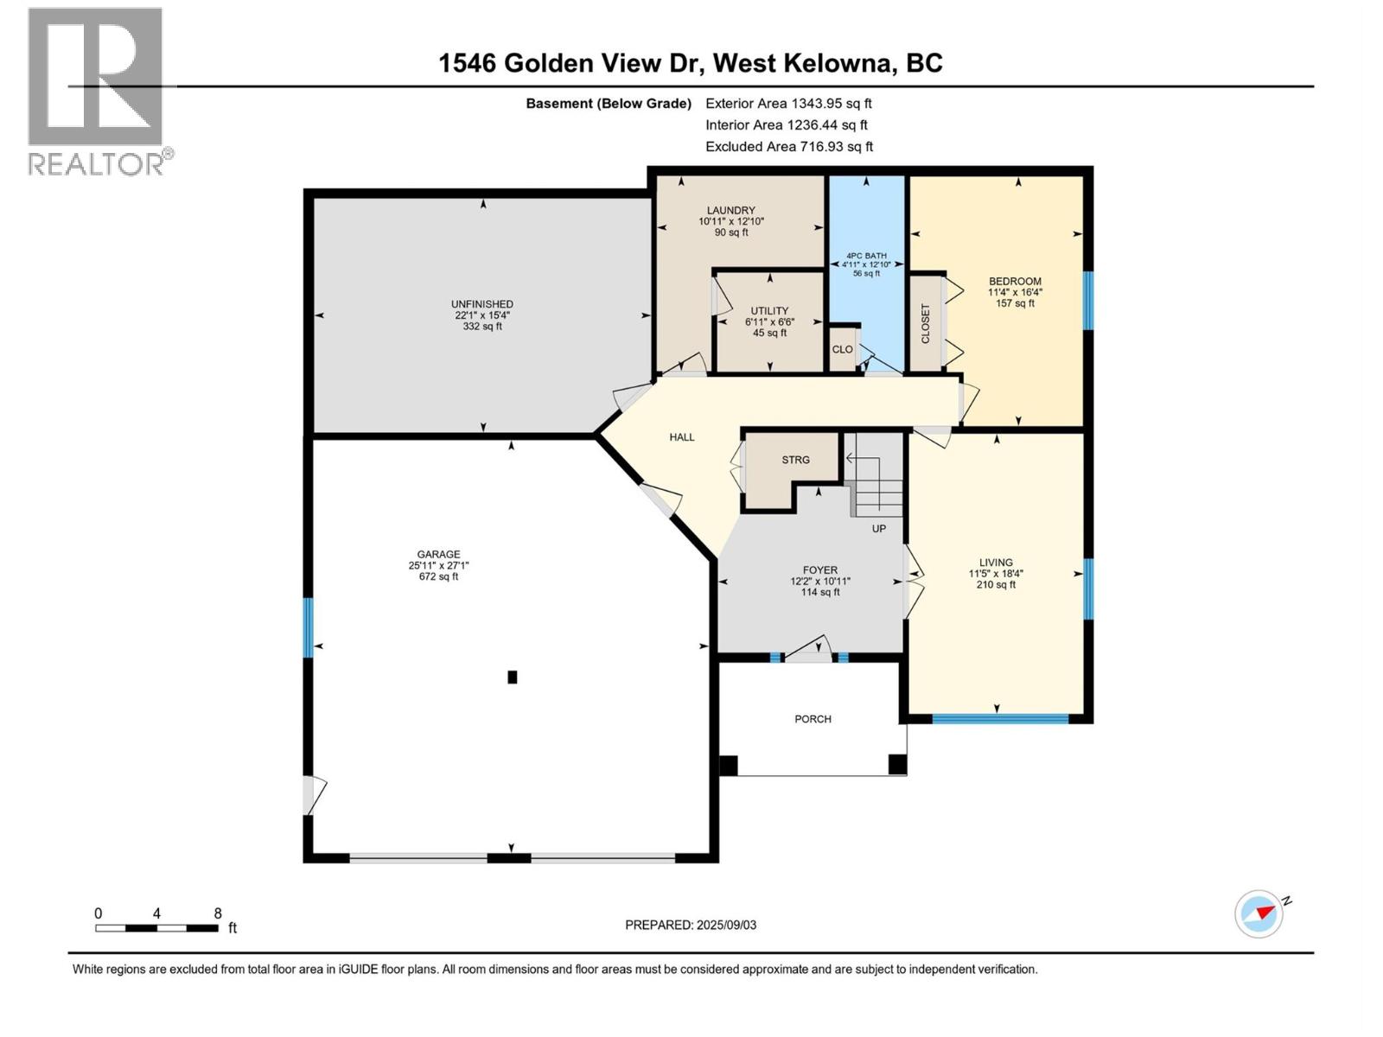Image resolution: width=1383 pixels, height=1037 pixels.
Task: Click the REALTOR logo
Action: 100,92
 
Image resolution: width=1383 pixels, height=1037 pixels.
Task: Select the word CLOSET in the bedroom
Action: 926,323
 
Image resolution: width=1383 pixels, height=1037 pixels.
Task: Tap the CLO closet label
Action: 843,349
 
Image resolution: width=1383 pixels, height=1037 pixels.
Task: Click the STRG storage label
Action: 796,461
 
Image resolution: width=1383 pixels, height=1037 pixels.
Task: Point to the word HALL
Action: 682,437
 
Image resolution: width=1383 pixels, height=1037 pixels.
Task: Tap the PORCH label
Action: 813,719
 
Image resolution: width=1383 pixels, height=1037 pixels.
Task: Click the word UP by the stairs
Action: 879,529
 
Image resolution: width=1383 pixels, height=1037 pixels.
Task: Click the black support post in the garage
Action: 513,678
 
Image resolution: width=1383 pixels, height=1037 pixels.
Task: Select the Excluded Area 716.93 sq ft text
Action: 789,147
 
